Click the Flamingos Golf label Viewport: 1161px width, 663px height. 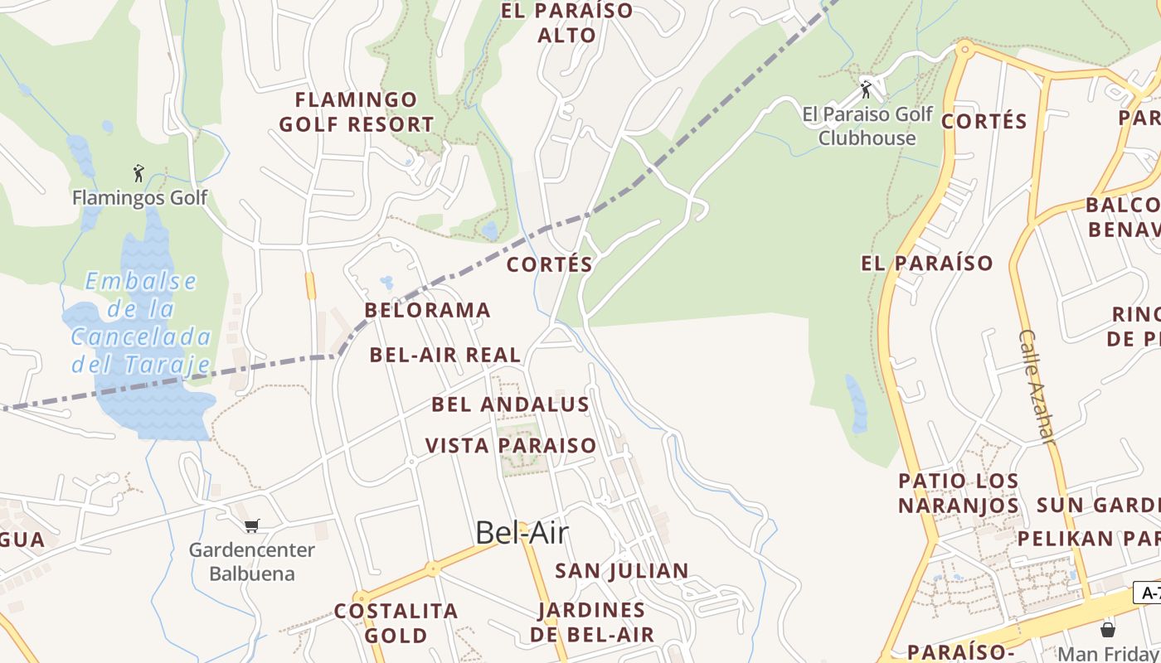tap(139, 198)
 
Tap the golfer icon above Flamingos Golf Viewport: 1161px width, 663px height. tap(138, 173)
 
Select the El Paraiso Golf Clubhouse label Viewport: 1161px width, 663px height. tap(867, 126)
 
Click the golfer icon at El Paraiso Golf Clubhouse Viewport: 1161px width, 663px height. tap(866, 89)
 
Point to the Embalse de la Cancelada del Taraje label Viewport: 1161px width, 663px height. tap(140, 322)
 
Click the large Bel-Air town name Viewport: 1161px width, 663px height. tap(522, 533)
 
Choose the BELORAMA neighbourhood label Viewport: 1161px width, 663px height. tap(428, 311)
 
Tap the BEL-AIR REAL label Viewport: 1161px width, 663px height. tap(445, 356)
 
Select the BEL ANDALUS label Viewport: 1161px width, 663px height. tap(510, 405)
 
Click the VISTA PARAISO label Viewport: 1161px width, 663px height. tap(511, 446)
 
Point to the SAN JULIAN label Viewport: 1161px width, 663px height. tap(622, 571)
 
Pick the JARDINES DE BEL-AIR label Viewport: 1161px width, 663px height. tap(592, 622)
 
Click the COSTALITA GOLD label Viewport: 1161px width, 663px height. tap(396, 623)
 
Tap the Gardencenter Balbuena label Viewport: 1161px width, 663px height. tap(251, 561)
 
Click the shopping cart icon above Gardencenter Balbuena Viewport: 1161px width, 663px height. tap(252, 525)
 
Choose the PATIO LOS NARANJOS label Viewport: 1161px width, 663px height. tap(959, 493)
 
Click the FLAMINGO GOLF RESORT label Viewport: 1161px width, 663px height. tap(357, 113)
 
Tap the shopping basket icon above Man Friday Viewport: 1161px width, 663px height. tap(1107, 629)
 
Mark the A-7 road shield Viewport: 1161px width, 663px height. tap(1149, 593)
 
